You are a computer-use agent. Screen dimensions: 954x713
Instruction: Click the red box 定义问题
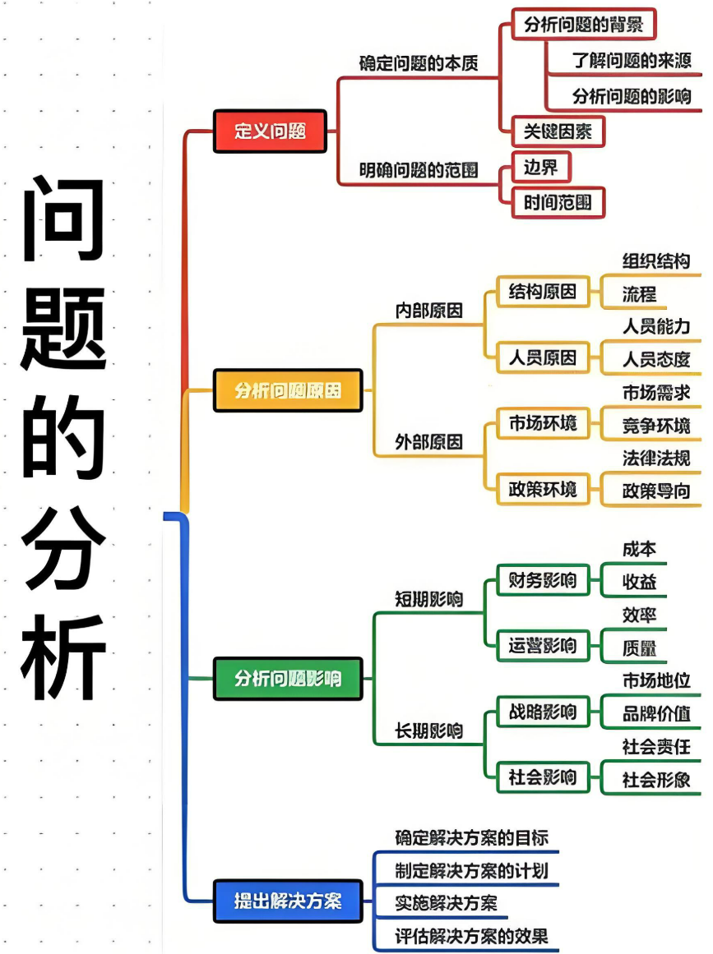[x=270, y=131]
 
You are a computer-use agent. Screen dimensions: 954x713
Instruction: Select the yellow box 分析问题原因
[x=288, y=390]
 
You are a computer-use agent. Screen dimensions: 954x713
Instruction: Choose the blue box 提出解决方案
[x=288, y=901]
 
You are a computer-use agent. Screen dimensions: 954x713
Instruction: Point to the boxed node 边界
[x=540, y=168]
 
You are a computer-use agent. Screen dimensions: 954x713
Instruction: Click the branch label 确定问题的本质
[x=419, y=63]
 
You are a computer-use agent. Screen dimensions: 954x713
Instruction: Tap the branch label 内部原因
[x=428, y=311]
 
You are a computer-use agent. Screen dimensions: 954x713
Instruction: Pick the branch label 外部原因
[x=428, y=442]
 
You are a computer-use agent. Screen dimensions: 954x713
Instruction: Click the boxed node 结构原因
[x=543, y=292]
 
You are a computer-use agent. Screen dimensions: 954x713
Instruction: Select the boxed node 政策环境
[x=543, y=490]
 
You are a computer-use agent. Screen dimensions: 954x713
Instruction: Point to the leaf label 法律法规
[x=655, y=458]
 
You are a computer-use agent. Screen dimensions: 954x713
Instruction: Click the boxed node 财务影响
[x=543, y=580]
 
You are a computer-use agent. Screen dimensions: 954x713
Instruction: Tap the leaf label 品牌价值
[x=655, y=712]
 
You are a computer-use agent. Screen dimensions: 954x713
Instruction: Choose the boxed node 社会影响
[x=543, y=777]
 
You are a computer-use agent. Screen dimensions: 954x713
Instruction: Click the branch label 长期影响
[x=428, y=730]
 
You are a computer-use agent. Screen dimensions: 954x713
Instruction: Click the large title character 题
[x=63, y=329]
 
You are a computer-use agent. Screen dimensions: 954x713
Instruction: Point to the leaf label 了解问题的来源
[x=632, y=61]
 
